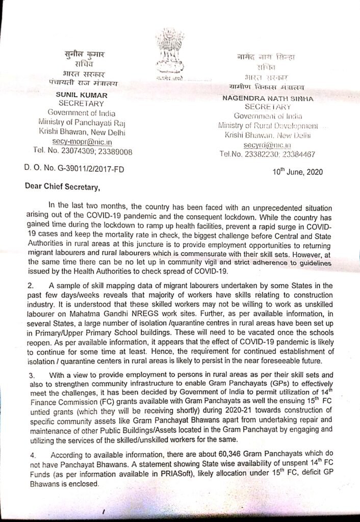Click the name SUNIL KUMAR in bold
point(82,95)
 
